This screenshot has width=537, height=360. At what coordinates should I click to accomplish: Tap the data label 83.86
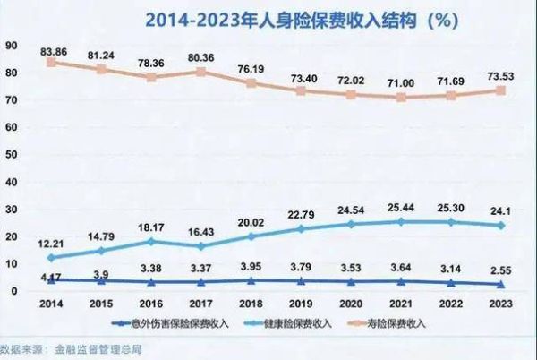52,51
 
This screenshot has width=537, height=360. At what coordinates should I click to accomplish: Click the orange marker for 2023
503,90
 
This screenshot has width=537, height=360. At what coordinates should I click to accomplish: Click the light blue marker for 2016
152,242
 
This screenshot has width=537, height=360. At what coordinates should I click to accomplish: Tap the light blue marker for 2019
301,228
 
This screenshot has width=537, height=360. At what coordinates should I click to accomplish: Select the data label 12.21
52,244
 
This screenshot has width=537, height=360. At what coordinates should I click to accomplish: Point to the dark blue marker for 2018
251,280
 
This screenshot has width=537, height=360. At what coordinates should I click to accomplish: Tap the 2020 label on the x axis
351,304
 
